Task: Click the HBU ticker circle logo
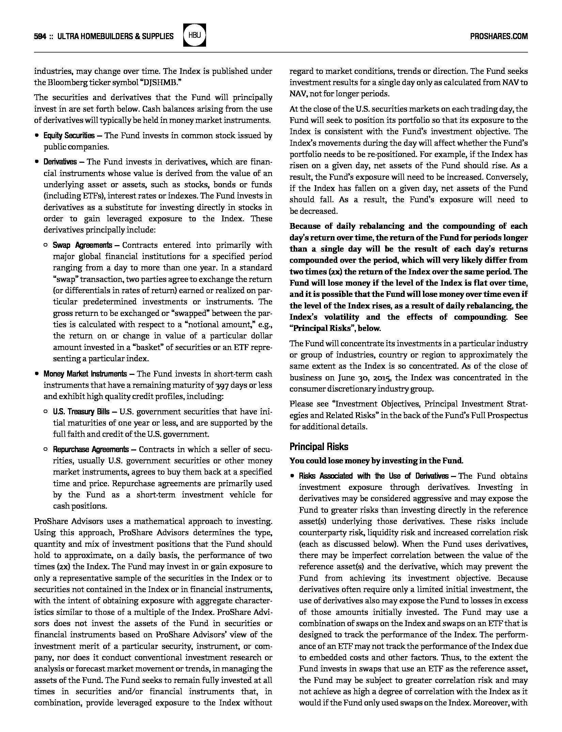coord(194,35)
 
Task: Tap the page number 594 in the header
coord(40,36)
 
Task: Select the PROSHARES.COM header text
coord(499,36)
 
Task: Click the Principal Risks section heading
coord(319,446)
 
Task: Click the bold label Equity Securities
coord(69,136)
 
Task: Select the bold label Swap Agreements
coord(82,245)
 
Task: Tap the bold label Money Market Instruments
coord(85,374)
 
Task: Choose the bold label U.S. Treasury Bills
coord(81,412)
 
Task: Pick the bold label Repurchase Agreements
coord(91,449)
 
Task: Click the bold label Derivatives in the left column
coord(60,162)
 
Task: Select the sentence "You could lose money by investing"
coord(376,461)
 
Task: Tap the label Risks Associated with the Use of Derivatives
coord(374,476)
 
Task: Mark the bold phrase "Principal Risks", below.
coord(335,328)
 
